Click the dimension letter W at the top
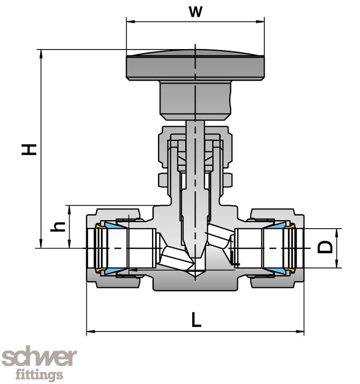(195, 12)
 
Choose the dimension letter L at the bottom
(196, 320)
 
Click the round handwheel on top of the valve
(195, 66)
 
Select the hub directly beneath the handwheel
(195, 100)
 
